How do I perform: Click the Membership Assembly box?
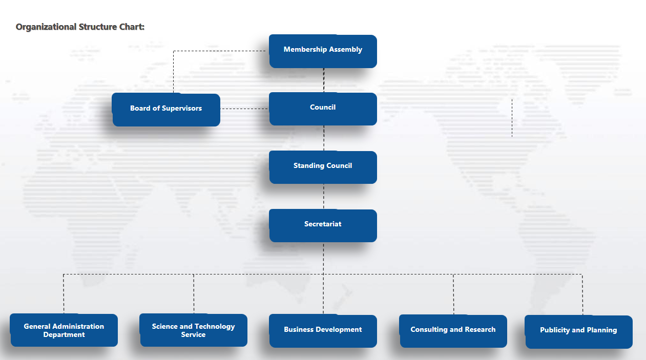[323, 51]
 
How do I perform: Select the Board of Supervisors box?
[166, 109]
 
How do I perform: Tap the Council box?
[323, 108]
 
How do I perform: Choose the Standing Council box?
[323, 166]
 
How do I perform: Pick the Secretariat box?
[323, 225]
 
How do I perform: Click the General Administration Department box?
[64, 330]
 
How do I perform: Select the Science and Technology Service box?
[194, 330]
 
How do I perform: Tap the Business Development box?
[323, 330]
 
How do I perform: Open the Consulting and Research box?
[453, 330]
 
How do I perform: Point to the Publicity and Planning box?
[578, 331]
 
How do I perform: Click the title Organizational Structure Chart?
[80, 27]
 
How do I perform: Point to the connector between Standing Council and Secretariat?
[324, 197]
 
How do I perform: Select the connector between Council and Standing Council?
[324, 138]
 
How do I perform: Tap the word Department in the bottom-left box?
[64, 335]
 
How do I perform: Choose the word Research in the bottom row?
[478, 330]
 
